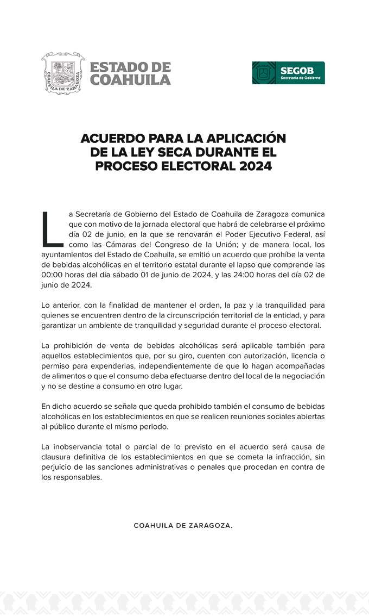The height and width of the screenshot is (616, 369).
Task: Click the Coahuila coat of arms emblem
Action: point(63,73)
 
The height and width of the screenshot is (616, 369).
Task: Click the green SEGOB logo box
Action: point(288,73)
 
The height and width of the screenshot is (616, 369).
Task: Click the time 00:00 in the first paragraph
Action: point(53,275)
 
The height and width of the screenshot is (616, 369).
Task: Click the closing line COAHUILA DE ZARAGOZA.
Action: point(183,526)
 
